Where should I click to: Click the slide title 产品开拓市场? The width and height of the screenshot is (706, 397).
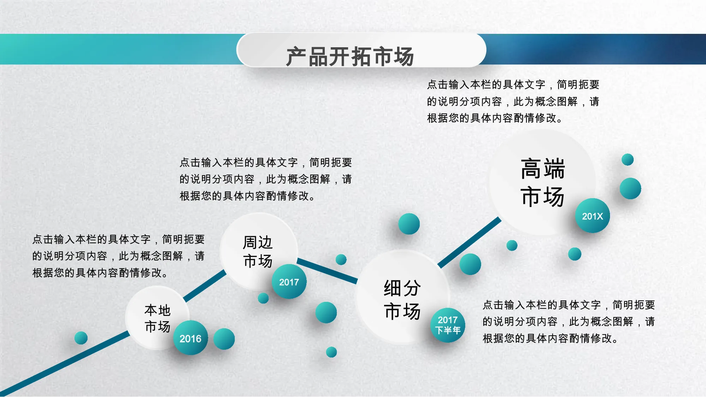point(350,56)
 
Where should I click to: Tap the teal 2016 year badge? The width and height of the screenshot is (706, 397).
point(190,338)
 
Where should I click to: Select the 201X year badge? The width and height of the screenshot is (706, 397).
point(592,216)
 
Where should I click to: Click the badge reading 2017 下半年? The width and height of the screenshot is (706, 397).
point(448,325)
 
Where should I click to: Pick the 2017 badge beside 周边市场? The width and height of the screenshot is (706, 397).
point(289,282)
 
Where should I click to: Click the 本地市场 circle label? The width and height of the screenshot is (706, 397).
point(157,318)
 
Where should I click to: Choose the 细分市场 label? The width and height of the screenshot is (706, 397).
point(402,300)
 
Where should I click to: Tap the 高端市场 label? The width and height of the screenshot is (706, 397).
point(543,182)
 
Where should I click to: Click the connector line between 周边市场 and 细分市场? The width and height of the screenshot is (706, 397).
point(327,271)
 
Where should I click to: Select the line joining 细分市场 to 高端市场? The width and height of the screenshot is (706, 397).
point(469,242)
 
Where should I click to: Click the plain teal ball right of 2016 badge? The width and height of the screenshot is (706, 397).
point(224,339)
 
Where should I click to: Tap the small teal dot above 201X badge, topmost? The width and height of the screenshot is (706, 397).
point(627,159)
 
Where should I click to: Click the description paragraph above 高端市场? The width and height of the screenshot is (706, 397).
point(513,101)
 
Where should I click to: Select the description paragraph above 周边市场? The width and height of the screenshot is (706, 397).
point(266,179)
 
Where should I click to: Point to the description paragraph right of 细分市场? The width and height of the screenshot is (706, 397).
point(569,322)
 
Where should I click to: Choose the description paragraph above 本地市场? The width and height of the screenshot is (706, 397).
point(119,256)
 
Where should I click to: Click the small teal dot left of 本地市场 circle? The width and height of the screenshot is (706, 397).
point(81,338)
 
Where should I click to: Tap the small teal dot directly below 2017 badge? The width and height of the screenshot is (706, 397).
point(263,298)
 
